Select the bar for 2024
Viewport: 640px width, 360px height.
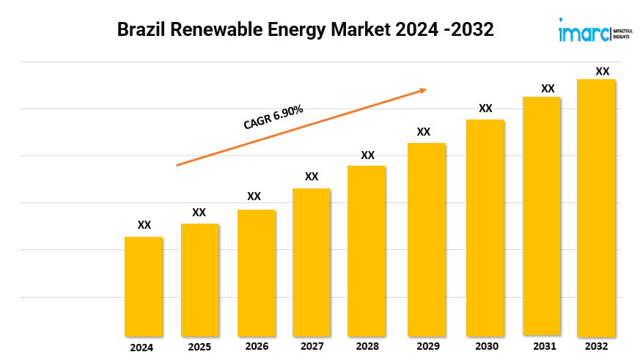coord(144,286)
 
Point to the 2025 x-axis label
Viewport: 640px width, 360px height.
coord(199,346)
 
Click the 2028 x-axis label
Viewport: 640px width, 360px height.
coord(367,346)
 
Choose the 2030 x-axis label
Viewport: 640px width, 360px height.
coord(486,346)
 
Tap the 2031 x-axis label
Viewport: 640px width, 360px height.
coord(544,346)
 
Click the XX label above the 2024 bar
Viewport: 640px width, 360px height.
coord(144,225)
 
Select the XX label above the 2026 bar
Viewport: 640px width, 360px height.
coord(254,196)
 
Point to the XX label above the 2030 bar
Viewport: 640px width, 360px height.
coord(485,109)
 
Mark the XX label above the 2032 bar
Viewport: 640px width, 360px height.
coord(603,72)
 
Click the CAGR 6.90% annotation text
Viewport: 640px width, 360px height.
coord(273,117)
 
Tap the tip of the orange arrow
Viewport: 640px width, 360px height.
coord(426,89)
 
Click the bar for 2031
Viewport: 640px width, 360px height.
coord(541,216)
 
